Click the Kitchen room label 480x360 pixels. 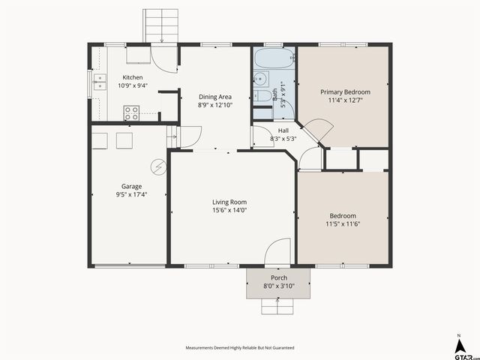(x=133, y=77)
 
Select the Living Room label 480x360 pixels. (x=229, y=202)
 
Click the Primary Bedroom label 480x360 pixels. (x=345, y=91)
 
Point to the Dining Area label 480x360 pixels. (x=214, y=97)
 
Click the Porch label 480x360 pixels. (x=278, y=277)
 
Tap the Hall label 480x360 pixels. (x=283, y=130)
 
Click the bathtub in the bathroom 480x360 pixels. (x=274, y=59)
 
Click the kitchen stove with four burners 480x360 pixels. (x=131, y=114)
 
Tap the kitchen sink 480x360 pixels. (x=98, y=82)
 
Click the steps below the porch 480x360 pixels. (x=278, y=306)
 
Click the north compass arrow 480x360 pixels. (x=459, y=345)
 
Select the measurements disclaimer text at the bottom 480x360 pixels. (x=240, y=348)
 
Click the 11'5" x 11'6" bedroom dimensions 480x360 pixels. (x=343, y=223)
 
